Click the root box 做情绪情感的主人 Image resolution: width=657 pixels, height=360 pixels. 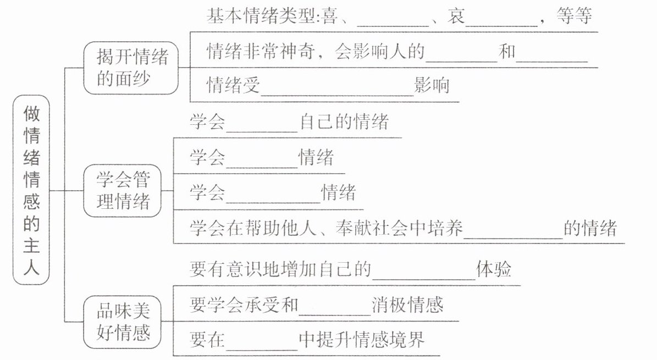[31, 190]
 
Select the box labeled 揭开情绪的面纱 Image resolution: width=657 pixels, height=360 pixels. [131, 68]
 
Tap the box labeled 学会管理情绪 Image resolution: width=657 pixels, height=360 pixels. [123, 191]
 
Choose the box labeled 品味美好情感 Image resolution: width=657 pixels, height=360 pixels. [123, 322]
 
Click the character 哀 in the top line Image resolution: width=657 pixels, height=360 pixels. [456, 16]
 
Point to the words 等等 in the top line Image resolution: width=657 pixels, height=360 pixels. [574, 16]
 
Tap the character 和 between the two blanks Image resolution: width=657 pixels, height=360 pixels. [507, 52]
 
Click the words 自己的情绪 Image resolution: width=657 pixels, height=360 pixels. [344, 122]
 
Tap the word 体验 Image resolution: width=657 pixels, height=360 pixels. [494, 269]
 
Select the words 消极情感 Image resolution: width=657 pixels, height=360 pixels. [407, 304]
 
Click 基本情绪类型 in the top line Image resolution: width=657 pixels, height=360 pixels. [260, 16]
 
